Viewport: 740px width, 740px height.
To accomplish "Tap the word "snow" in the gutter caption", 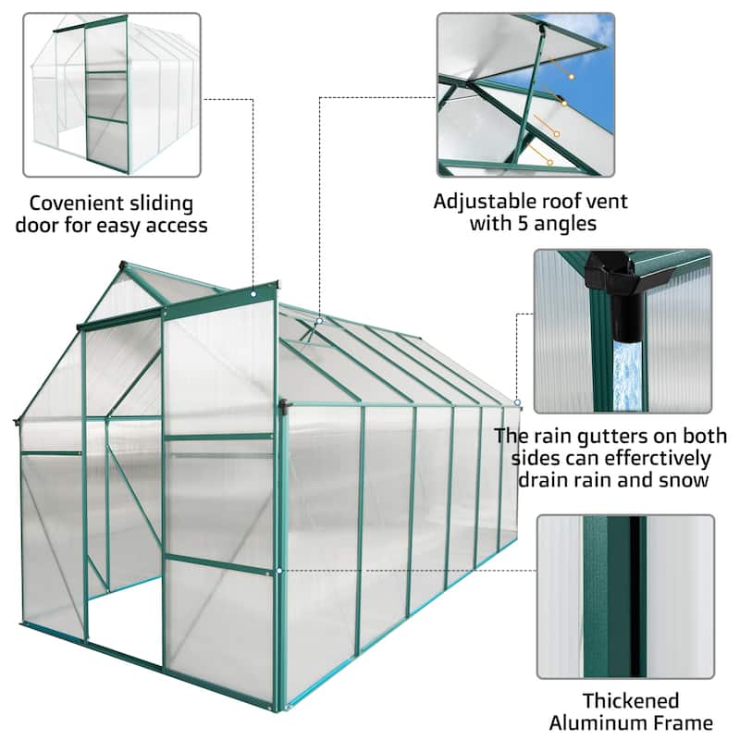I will point(688,481).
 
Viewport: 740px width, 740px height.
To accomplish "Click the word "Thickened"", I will point(630,700).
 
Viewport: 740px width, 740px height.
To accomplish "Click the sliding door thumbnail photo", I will point(111,94).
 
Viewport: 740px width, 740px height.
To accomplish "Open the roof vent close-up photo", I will point(525,94).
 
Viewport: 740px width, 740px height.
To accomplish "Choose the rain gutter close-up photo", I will point(622,330).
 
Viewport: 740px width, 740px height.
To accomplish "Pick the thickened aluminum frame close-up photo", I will point(625,597).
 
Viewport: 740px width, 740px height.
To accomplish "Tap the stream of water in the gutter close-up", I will point(629,375).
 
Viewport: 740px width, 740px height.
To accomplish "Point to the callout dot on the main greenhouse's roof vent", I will point(319,321).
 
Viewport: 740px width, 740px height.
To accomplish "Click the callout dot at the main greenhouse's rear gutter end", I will point(518,403).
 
